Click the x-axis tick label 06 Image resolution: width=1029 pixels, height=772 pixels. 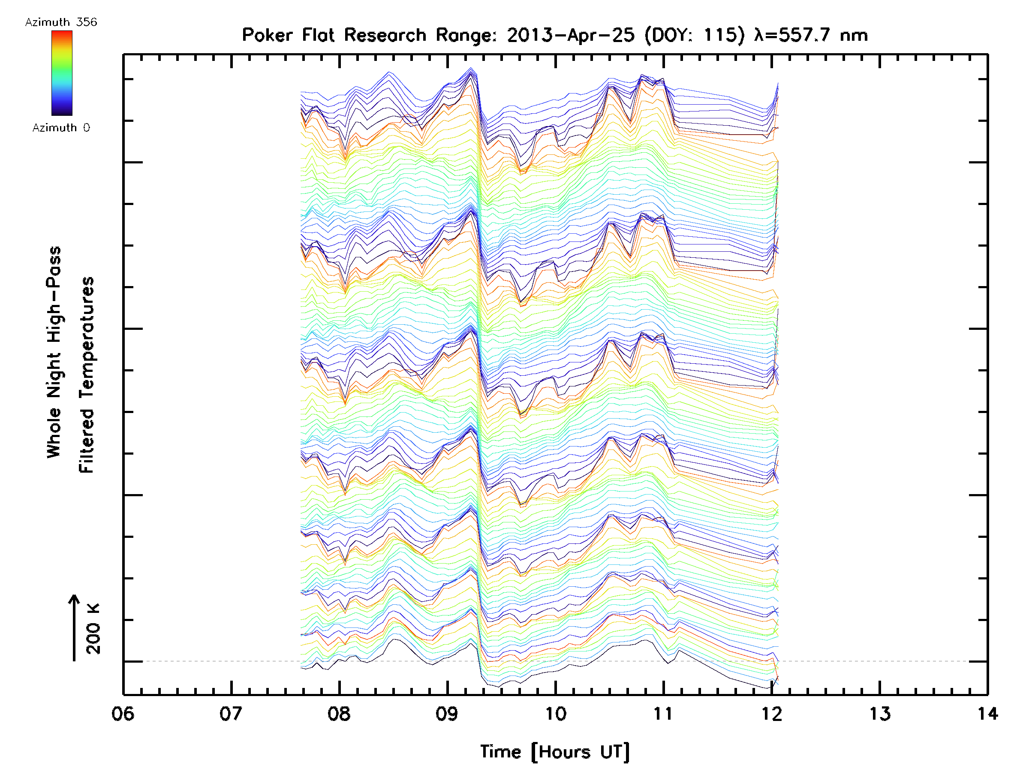(123, 713)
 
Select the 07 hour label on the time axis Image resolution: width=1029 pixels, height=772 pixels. (231, 713)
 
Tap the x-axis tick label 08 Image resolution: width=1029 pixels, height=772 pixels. (339, 713)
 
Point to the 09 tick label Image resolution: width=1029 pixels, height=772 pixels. (447, 713)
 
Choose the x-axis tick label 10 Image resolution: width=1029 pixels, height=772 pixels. (555, 713)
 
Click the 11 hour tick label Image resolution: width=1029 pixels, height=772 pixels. (663, 713)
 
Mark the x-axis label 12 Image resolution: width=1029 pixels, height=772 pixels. (772, 713)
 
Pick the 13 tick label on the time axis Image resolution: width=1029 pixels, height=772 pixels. (880, 713)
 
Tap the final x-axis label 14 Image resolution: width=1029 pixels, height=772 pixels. (987, 713)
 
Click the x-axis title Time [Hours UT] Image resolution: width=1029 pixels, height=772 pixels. (555, 752)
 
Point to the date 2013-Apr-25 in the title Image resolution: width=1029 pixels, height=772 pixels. (571, 35)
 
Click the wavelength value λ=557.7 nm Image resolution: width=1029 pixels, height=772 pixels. (811, 35)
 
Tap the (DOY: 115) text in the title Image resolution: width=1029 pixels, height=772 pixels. (695, 35)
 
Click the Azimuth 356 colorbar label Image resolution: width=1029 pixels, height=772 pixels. (61, 22)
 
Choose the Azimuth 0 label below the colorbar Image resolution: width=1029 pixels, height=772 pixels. (61, 127)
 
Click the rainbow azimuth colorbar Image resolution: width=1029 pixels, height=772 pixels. (62, 73)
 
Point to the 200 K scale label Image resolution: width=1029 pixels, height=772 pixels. (93, 628)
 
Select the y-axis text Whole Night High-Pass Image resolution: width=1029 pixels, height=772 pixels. (54, 352)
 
